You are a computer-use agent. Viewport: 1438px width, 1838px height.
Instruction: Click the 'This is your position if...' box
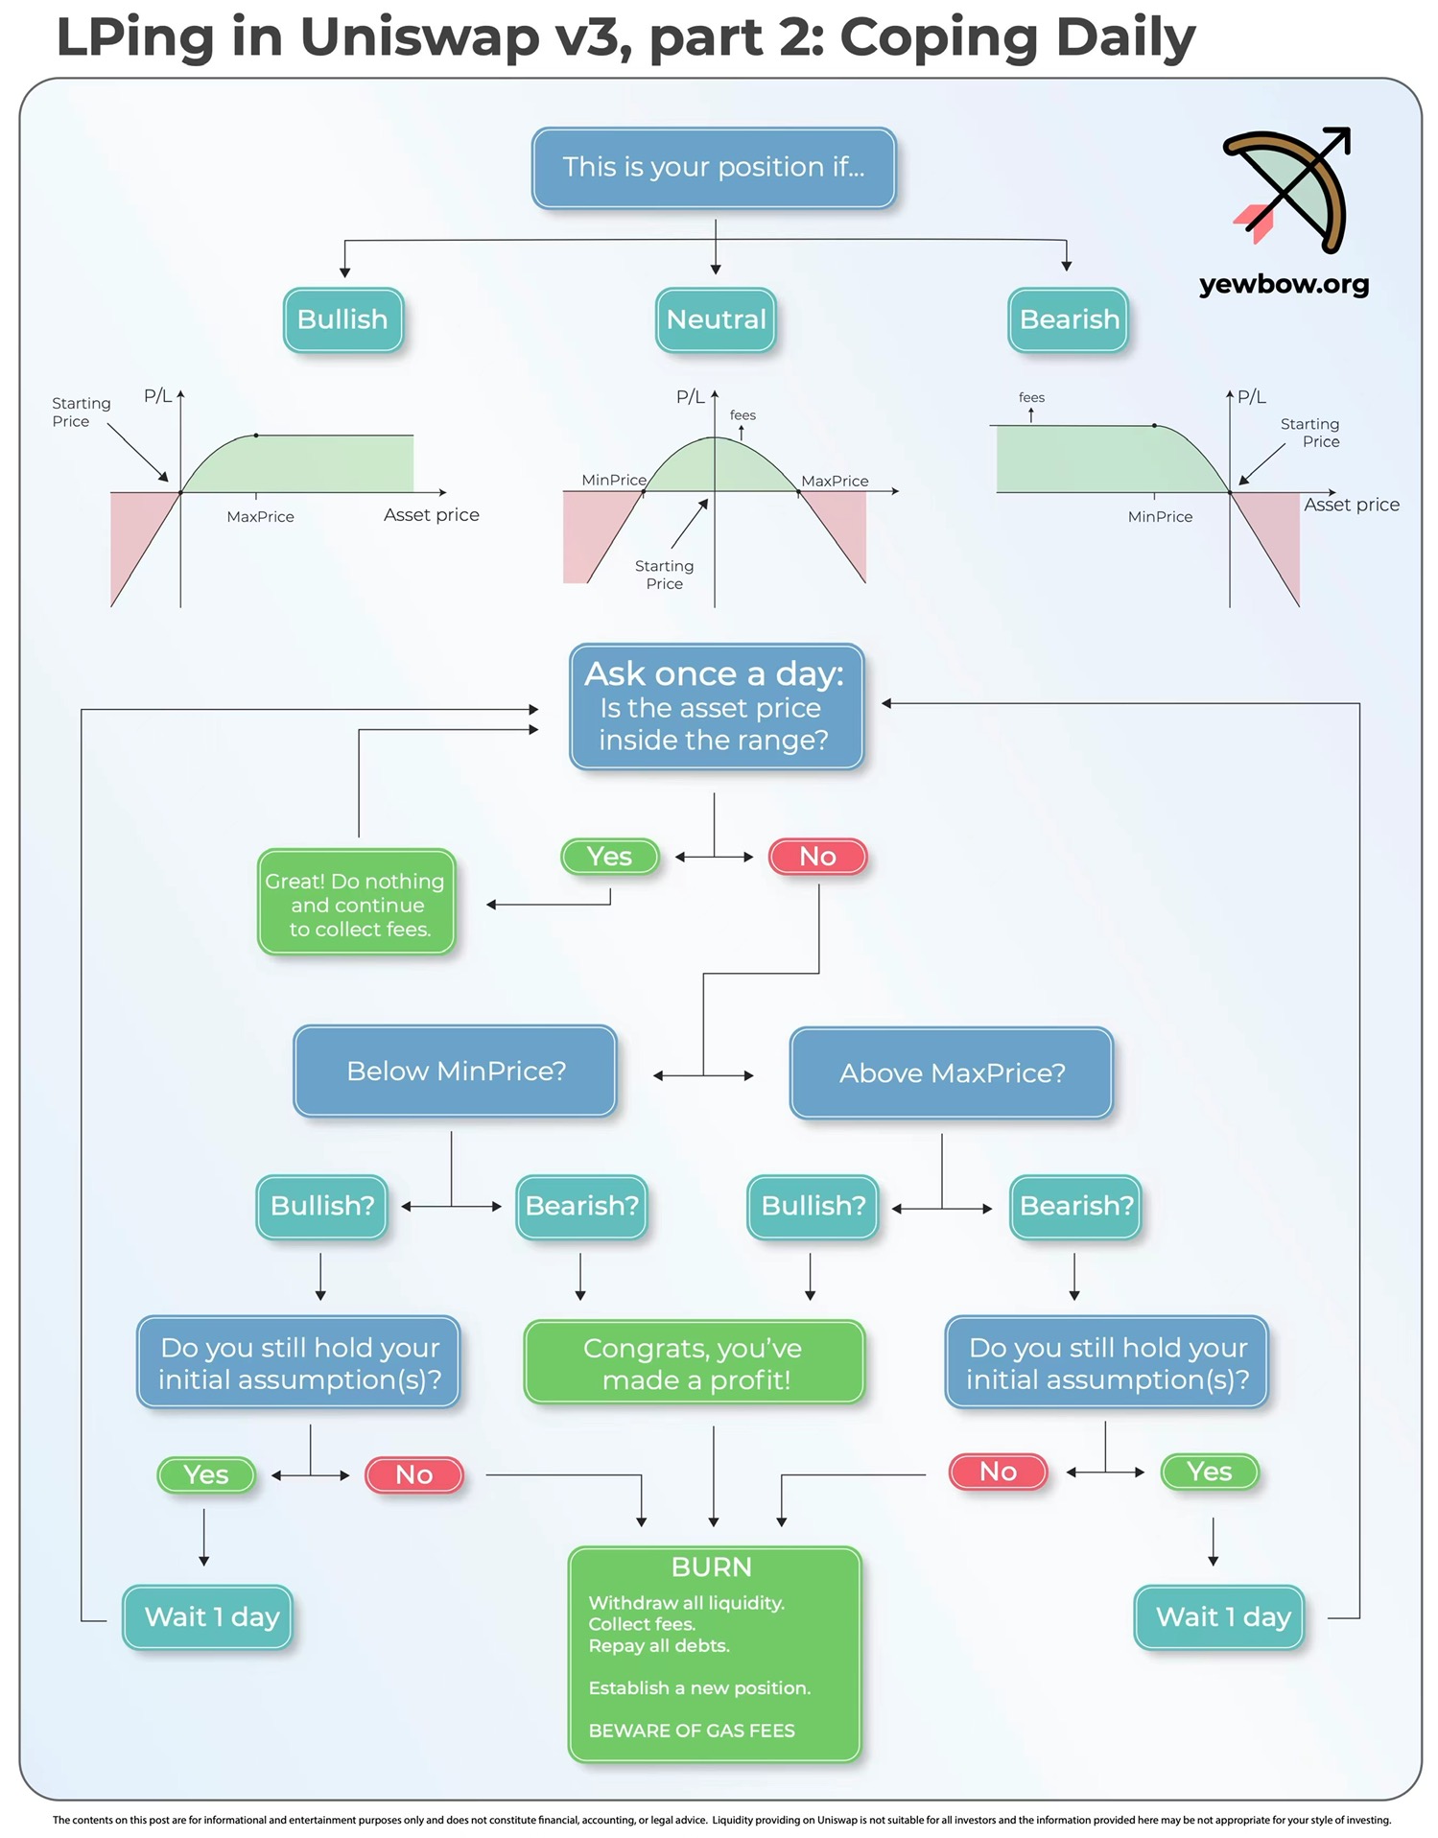[x=714, y=168]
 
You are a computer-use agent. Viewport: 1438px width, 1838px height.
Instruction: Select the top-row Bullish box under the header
[x=342, y=319]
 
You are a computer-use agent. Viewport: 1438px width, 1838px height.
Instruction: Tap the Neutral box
[x=716, y=319]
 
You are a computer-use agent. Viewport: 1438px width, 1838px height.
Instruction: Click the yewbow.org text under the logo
[x=1284, y=284]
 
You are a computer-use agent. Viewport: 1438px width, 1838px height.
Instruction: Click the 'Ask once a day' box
[x=716, y=707]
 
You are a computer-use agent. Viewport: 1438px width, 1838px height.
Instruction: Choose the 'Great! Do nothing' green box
[x=356, y=903]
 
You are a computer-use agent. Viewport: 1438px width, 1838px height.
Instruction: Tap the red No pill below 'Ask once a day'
[x=818, y=856]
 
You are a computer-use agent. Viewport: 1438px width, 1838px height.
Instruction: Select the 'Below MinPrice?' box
[x=456, y=1072]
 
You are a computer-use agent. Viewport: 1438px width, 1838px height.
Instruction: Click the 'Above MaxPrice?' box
[x=952, y=1073]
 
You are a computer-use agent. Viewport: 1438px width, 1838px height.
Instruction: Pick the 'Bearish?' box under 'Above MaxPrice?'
[x=1075, y=1206]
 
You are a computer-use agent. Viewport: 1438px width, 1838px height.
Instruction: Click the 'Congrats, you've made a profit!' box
[x=694, y=1363]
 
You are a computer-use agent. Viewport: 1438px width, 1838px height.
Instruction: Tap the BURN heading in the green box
[x=712, y=1567]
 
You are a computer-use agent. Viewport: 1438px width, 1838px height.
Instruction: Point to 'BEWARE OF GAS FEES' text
[x=692, y=1731]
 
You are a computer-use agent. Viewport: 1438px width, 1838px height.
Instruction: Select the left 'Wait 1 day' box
[x=208, y=1617]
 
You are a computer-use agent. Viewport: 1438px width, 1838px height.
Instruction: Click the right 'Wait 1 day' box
[x=1219, y=1617]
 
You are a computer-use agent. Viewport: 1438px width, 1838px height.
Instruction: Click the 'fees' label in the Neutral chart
[x=743, y=415]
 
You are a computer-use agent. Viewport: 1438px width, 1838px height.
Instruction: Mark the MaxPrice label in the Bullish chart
[x=260, y=517]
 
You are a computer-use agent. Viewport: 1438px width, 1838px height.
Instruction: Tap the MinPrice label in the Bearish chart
[x=1160, y=517]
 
